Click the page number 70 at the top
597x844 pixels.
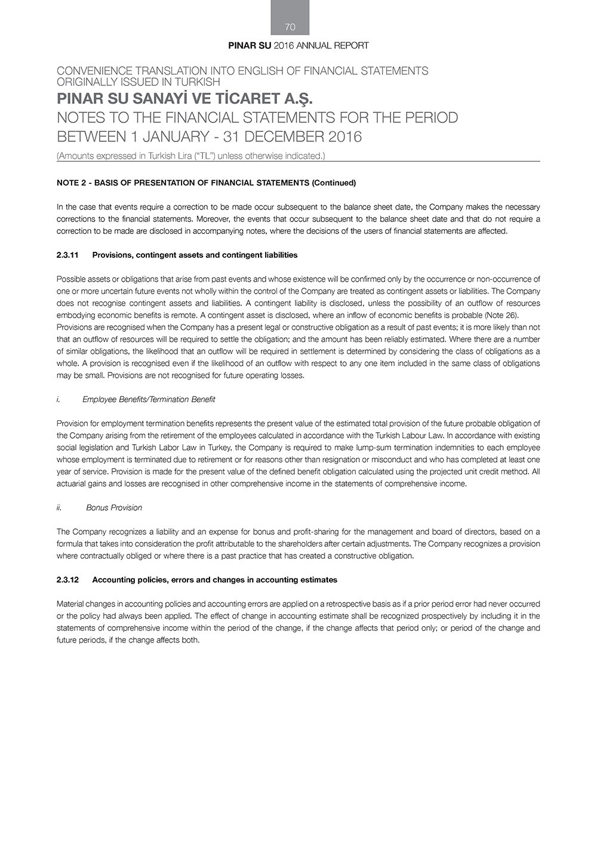290,27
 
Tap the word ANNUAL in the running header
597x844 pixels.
318,45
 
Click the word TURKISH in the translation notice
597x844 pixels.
198,82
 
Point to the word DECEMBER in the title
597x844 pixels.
275,137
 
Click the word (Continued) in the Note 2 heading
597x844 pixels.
334,183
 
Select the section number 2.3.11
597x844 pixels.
67,255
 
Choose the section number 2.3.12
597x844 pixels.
67,580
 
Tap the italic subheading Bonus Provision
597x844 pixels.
114,507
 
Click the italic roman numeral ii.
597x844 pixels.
59,507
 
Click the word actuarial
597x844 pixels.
71,483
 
